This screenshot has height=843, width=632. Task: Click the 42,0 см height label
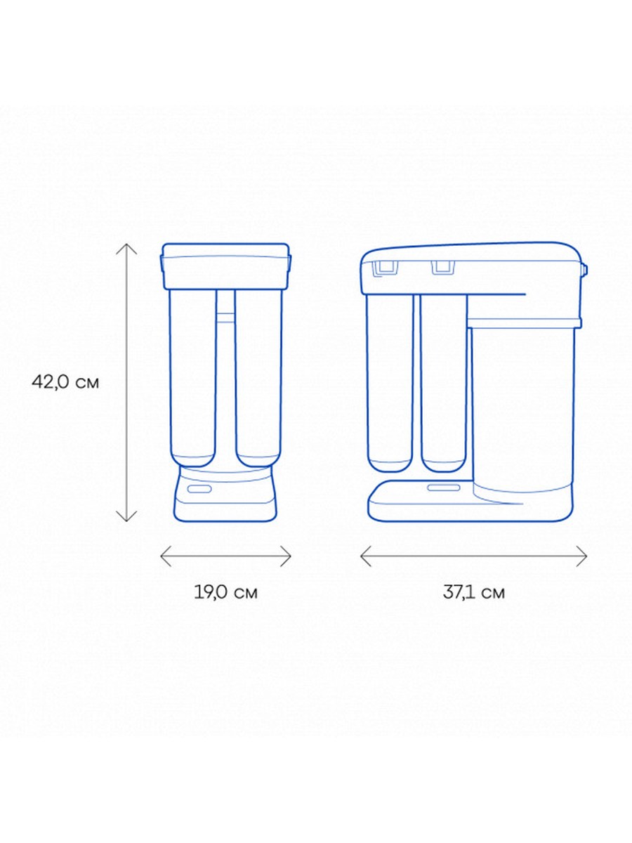[65, 383]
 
